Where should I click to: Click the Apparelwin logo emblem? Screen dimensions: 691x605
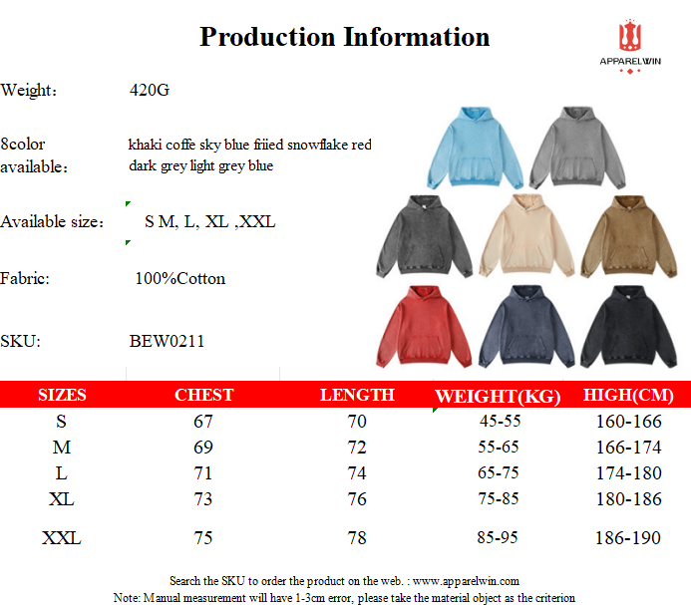630,35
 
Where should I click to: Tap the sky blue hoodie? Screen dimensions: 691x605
475,148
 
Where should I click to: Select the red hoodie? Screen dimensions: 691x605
424,327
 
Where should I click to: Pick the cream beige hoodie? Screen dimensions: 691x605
526,236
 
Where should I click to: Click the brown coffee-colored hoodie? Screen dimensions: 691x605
628,236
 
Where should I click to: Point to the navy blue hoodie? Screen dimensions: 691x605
526,327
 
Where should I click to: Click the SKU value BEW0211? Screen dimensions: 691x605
167,341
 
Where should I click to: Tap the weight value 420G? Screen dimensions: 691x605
150,90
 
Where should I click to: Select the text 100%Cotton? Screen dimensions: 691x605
180,278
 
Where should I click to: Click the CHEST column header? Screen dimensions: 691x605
204,395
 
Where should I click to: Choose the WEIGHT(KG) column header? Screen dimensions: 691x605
498,396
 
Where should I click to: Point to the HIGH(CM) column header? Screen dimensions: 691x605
628,395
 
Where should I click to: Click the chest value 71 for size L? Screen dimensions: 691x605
203,473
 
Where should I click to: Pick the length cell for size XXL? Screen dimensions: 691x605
357,538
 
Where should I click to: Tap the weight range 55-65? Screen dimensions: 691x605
499,447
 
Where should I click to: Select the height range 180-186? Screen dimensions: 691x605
629,499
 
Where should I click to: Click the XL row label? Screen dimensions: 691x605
61,499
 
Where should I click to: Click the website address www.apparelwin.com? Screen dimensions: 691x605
466,581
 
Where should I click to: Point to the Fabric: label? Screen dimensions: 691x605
25,278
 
